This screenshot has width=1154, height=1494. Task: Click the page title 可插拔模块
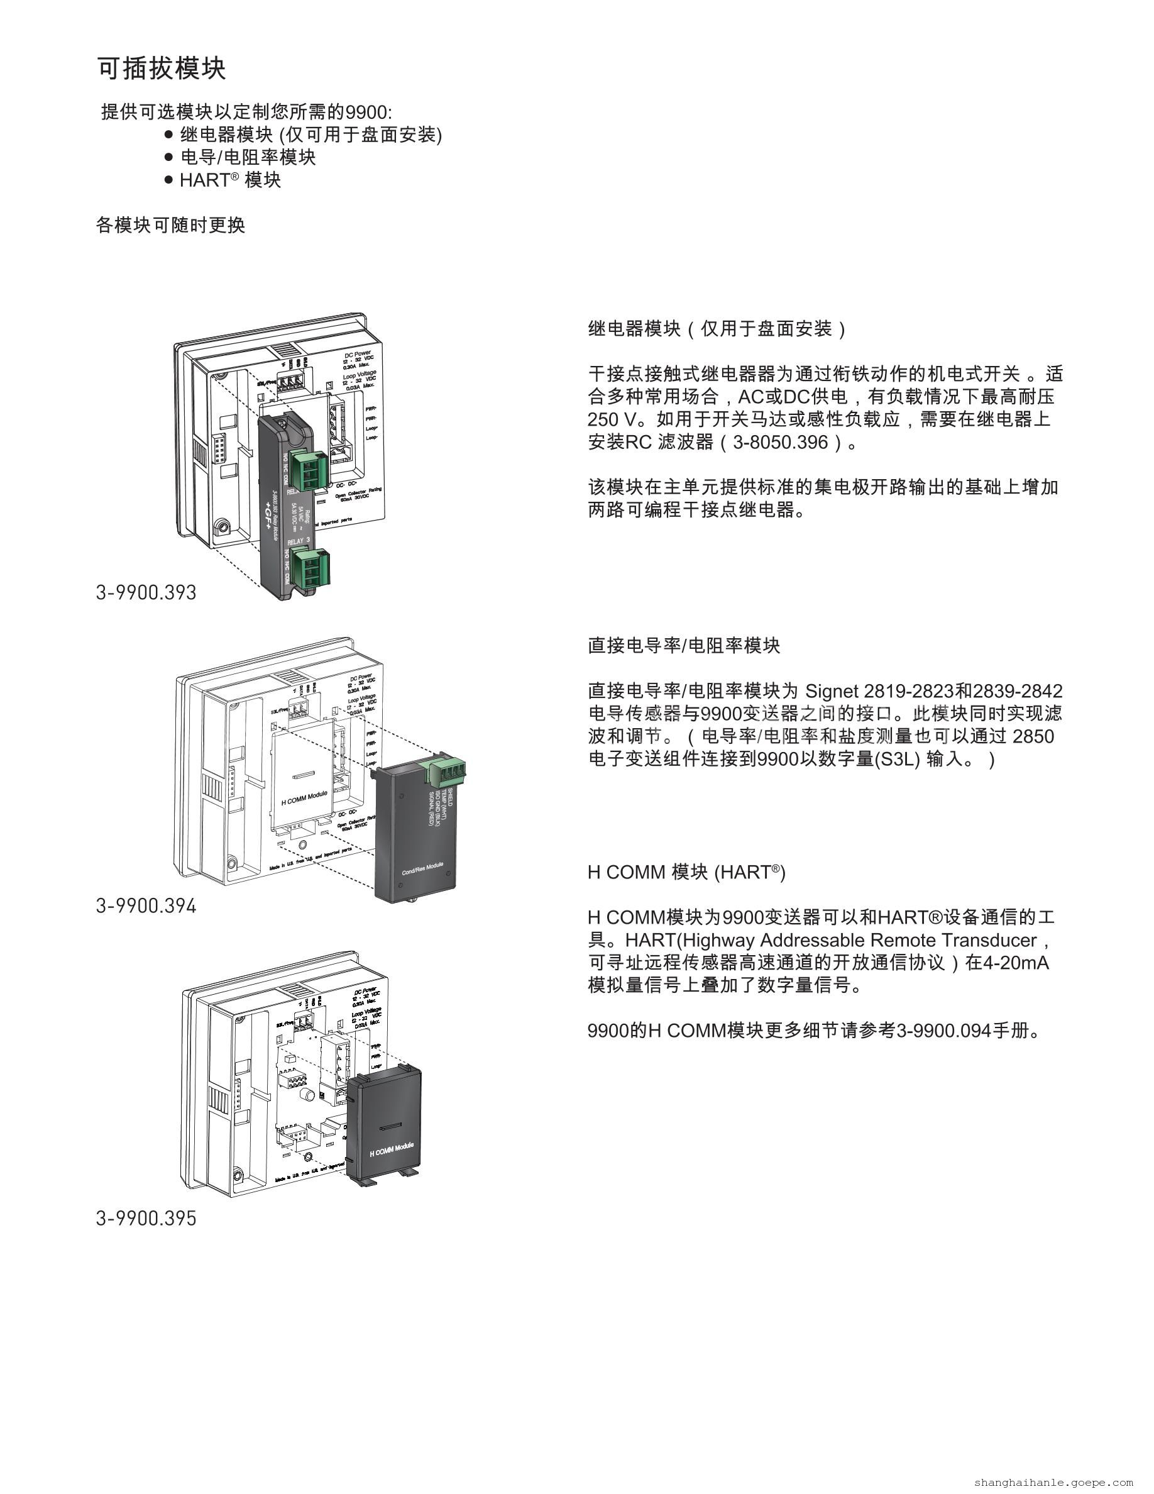point(162,69)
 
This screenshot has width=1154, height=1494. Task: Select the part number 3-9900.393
point(146,592)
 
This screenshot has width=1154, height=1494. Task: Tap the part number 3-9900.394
point(146,905)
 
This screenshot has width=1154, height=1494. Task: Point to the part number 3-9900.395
point(146,1219)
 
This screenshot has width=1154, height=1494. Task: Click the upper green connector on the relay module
point(307,469)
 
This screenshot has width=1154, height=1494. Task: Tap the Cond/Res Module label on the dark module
point(422,868)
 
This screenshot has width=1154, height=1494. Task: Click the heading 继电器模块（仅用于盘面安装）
point(717,329)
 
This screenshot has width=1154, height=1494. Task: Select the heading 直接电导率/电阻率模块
point(684,646)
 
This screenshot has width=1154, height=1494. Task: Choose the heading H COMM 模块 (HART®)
point(686,872)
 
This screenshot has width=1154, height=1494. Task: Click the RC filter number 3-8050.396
point(780,443)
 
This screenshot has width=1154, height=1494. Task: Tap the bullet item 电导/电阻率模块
point(248,157)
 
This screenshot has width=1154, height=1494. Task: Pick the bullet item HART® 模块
point(229,180)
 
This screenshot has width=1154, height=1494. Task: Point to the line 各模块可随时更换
point(170,225)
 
